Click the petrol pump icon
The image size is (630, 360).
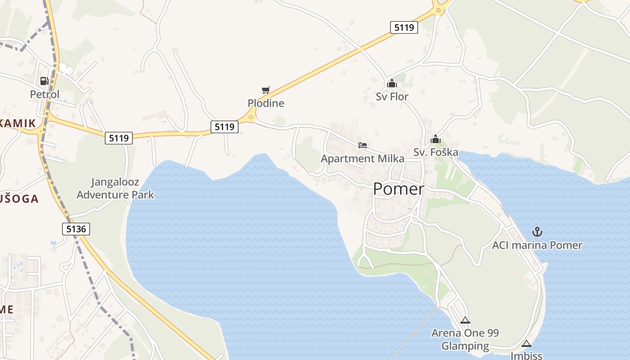coord(44,81)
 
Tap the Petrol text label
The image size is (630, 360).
coord(45,94)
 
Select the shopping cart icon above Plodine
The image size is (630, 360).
coord(265,90)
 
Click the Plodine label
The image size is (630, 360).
coord(266,103)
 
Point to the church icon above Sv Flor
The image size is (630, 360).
coord(391,83)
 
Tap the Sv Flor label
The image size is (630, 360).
coord(392,96)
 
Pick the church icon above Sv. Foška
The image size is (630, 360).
coord(436,139)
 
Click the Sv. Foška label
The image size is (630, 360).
coord(436,152)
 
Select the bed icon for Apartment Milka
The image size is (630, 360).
coord(363,145)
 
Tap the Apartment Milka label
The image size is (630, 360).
coord(362,158)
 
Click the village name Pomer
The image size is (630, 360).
coord(398,189)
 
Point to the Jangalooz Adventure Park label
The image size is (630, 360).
coord(115,189)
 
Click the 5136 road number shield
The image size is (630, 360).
coord(76,229)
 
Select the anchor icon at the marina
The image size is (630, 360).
coord(537,232)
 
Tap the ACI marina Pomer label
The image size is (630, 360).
coord(537,245)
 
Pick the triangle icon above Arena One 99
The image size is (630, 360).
coord(465,320)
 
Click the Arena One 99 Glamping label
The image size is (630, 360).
coord(465,339)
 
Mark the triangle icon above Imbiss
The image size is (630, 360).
coord(526,344)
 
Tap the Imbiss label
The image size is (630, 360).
coord(526,355)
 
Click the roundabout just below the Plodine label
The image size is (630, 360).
coord(251,118)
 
